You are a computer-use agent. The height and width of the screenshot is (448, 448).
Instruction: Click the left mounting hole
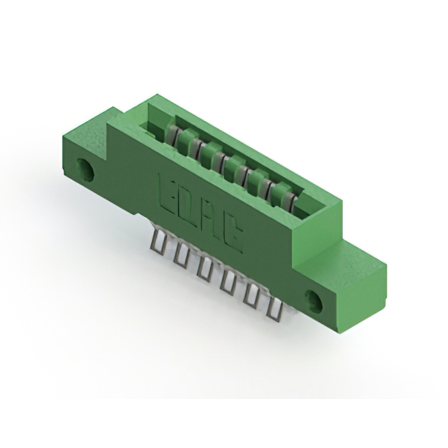tap(87, 169)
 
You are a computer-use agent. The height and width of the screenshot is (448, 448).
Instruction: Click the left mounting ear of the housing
tap(94, 150)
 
